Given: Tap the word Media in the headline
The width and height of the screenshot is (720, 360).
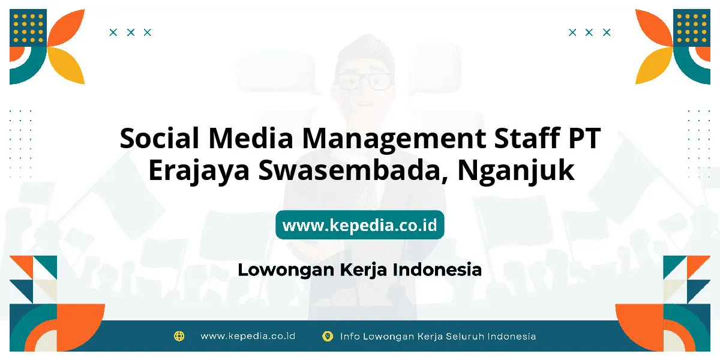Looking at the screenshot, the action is pyautogui.click(x=250, y=138).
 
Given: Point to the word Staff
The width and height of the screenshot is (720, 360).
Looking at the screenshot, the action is pyautogui.click(x=527, y=137).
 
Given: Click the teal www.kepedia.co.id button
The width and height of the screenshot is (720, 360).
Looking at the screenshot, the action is pyautogui.click(x=359, y=224).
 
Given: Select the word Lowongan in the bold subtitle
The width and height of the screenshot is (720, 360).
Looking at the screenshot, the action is pyautogui.click(x=286, y=271).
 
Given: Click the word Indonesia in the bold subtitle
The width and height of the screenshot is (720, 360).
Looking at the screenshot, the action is pyautogui.click(x=437, y=269).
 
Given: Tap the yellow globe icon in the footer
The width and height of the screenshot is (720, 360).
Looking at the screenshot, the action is pyautogui.click(x=179, y=336).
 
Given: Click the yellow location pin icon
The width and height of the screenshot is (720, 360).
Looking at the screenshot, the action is pyautogui.click(x=327, y=336).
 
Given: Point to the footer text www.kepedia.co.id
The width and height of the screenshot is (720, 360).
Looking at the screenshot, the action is pyautogui.click(x=247, y=336).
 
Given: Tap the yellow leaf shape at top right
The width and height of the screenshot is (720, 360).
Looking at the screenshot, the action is pyautogui.click(x=653, y=65).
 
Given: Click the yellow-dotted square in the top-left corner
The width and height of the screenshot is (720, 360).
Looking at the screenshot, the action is pyautogui.click(x=28, y=28).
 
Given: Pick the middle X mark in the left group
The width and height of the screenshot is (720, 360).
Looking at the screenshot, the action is pyautogui.click(x=131, y=32).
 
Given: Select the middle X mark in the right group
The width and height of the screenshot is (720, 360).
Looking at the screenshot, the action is pyautogui.click(x=589, y=32).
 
